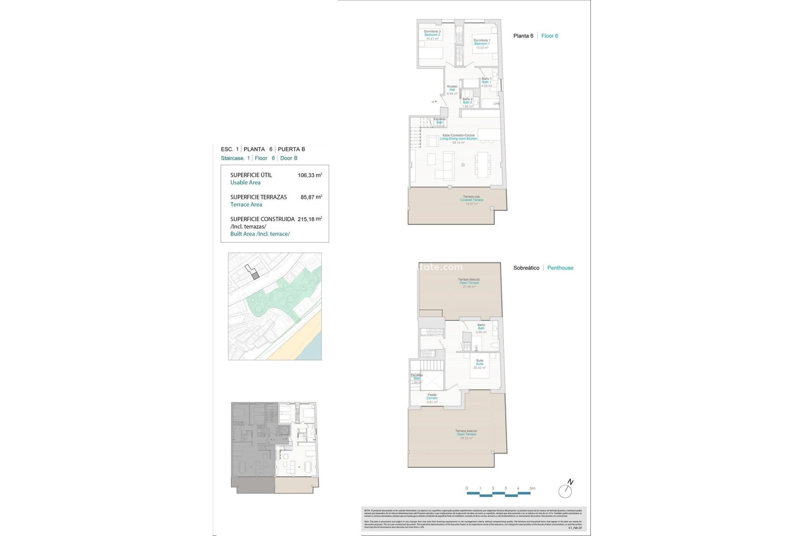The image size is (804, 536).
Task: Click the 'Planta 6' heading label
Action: click(x=523, y=36)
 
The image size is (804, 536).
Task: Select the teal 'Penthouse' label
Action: click(x=560, y=268)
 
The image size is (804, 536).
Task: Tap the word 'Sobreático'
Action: click(x=526, y=268)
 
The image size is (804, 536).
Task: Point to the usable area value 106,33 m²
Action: click(x=309, y=175)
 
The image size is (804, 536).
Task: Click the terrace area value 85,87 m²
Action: click(x=311, y=197)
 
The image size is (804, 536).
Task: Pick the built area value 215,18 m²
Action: click(x=309, y=219)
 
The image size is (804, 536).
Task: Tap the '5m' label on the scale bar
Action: click(x=532, y=488)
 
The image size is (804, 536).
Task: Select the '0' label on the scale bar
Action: click(x=467, y=488)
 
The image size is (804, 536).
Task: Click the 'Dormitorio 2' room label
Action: click(x=432, y=32)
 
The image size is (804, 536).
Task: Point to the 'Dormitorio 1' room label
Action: click(x=482, y=41)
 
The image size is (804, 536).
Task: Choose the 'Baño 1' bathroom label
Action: click(x=486, y=79)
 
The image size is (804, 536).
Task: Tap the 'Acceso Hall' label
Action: click(x=452, y=88)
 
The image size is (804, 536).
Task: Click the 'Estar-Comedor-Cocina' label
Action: click(x=459, y=136)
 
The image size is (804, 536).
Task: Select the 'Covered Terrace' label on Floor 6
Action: click(x=472, y=200)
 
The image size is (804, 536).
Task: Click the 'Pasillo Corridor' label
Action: click(x=432, y=397)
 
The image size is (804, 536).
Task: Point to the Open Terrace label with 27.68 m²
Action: click(x=469, y=283)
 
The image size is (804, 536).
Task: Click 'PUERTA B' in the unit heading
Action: click(x=291, y=149)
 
